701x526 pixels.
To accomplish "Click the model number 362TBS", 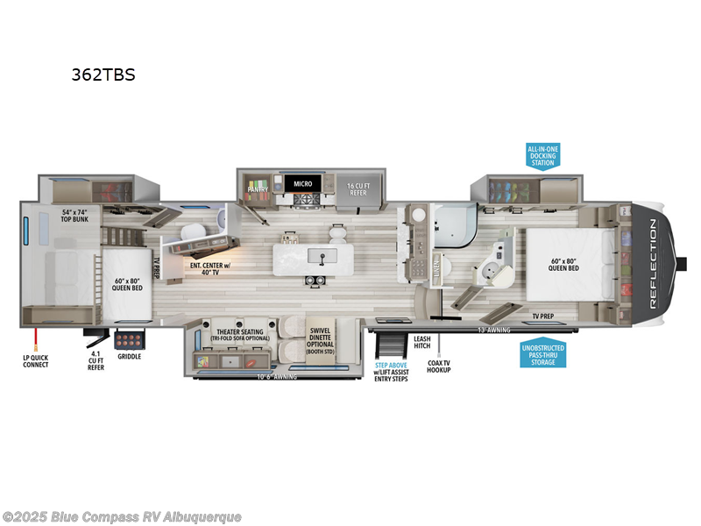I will pos(103,75).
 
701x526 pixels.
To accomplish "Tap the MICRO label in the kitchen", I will pos(303,184).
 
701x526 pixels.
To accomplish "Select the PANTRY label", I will pos(258,188).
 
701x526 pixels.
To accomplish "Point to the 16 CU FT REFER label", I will pos(358,188).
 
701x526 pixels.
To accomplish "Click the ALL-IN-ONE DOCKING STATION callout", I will pos(542,156).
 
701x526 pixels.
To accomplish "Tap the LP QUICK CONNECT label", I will pos(36,360).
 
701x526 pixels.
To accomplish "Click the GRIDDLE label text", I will pos(129,357).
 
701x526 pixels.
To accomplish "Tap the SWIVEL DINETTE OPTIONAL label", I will pos(319,338).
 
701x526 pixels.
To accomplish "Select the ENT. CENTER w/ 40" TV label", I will pos(210,267).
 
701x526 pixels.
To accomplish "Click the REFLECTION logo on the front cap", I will pos(653,264).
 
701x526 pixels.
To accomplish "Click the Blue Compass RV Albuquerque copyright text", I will pos(122,517).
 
